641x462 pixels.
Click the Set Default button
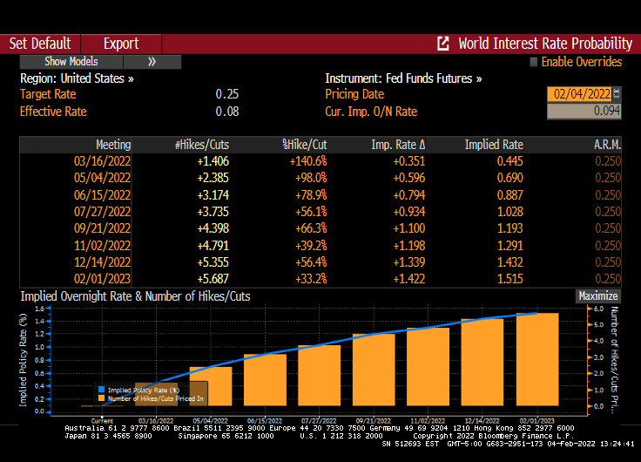40,44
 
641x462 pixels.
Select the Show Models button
71,62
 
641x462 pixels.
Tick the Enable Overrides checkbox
534,62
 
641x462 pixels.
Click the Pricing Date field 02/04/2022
578,94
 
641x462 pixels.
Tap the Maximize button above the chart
598,296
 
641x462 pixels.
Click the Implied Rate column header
494,145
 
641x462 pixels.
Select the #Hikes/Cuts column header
201,145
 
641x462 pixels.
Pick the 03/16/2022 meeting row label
103,161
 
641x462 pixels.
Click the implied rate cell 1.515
509,278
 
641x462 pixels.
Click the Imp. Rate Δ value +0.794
409,194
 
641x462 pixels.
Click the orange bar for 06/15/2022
265,383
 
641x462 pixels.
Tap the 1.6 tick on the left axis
39,309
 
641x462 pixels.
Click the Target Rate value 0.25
227,94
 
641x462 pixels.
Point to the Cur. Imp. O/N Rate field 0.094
584,112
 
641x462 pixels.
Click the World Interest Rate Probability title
544,44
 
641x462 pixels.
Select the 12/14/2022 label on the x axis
482,420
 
